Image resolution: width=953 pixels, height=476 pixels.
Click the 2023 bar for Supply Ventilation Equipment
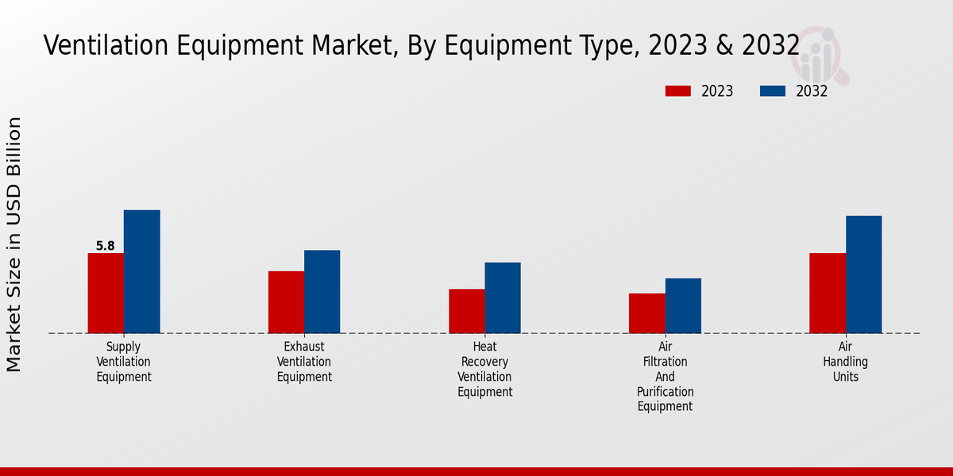tap(106, 293)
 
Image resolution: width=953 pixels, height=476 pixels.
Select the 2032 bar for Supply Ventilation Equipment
tap(141, 271)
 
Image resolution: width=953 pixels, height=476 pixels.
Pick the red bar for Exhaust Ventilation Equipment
tap(286, 302)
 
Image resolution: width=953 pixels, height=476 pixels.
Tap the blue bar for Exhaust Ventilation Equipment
tap(322, 291)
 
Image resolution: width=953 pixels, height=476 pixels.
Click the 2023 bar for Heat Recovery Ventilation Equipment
tap(466, 311)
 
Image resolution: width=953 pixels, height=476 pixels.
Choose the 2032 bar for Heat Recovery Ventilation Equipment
tap(503, 297)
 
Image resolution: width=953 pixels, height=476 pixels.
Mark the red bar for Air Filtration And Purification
tap(646, 313)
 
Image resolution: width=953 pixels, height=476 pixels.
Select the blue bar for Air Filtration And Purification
tap(683, 305)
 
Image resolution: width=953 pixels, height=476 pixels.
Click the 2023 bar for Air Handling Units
tap(828, 293)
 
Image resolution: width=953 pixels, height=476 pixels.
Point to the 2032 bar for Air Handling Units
tap(863, 274)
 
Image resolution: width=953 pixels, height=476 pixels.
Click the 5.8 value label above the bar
tap(106, 246)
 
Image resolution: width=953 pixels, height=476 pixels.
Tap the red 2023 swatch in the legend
tap(678, 91)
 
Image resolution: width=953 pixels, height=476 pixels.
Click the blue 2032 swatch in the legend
tap(773, 91)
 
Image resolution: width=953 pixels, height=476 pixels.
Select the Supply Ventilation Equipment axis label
tap(124, 362)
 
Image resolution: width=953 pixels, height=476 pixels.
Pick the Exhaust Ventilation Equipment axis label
tap(304, 362)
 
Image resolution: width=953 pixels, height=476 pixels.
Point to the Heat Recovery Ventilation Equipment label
tap(484, 369)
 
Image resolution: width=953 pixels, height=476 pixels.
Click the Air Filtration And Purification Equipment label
tap(666, 377)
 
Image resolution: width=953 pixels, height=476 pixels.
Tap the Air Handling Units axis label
tap(846, 362)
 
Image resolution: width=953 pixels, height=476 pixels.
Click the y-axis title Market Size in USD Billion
tap(14, 244)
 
